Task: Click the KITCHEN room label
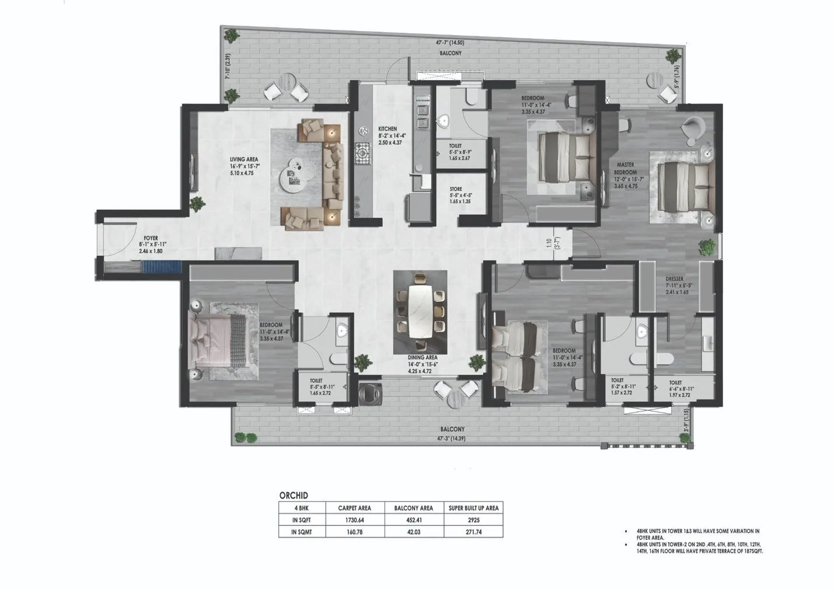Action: [387, 129]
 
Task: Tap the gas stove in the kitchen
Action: [363, 154]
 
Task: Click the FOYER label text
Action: [151, 238]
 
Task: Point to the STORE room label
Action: [456, 189]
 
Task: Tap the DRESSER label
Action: [674, 279]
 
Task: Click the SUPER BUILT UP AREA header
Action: [473, 508]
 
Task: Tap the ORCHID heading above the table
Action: [294, 495]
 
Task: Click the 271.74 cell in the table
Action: [473, 532]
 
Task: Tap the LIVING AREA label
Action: [244, 159]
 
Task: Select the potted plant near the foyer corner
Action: [198, 204]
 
